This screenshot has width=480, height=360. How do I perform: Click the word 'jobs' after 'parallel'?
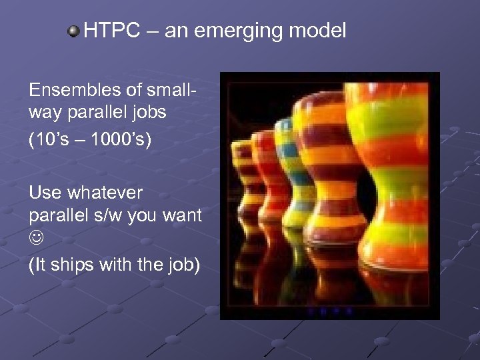pyautogui.click(x=149, y=111)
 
